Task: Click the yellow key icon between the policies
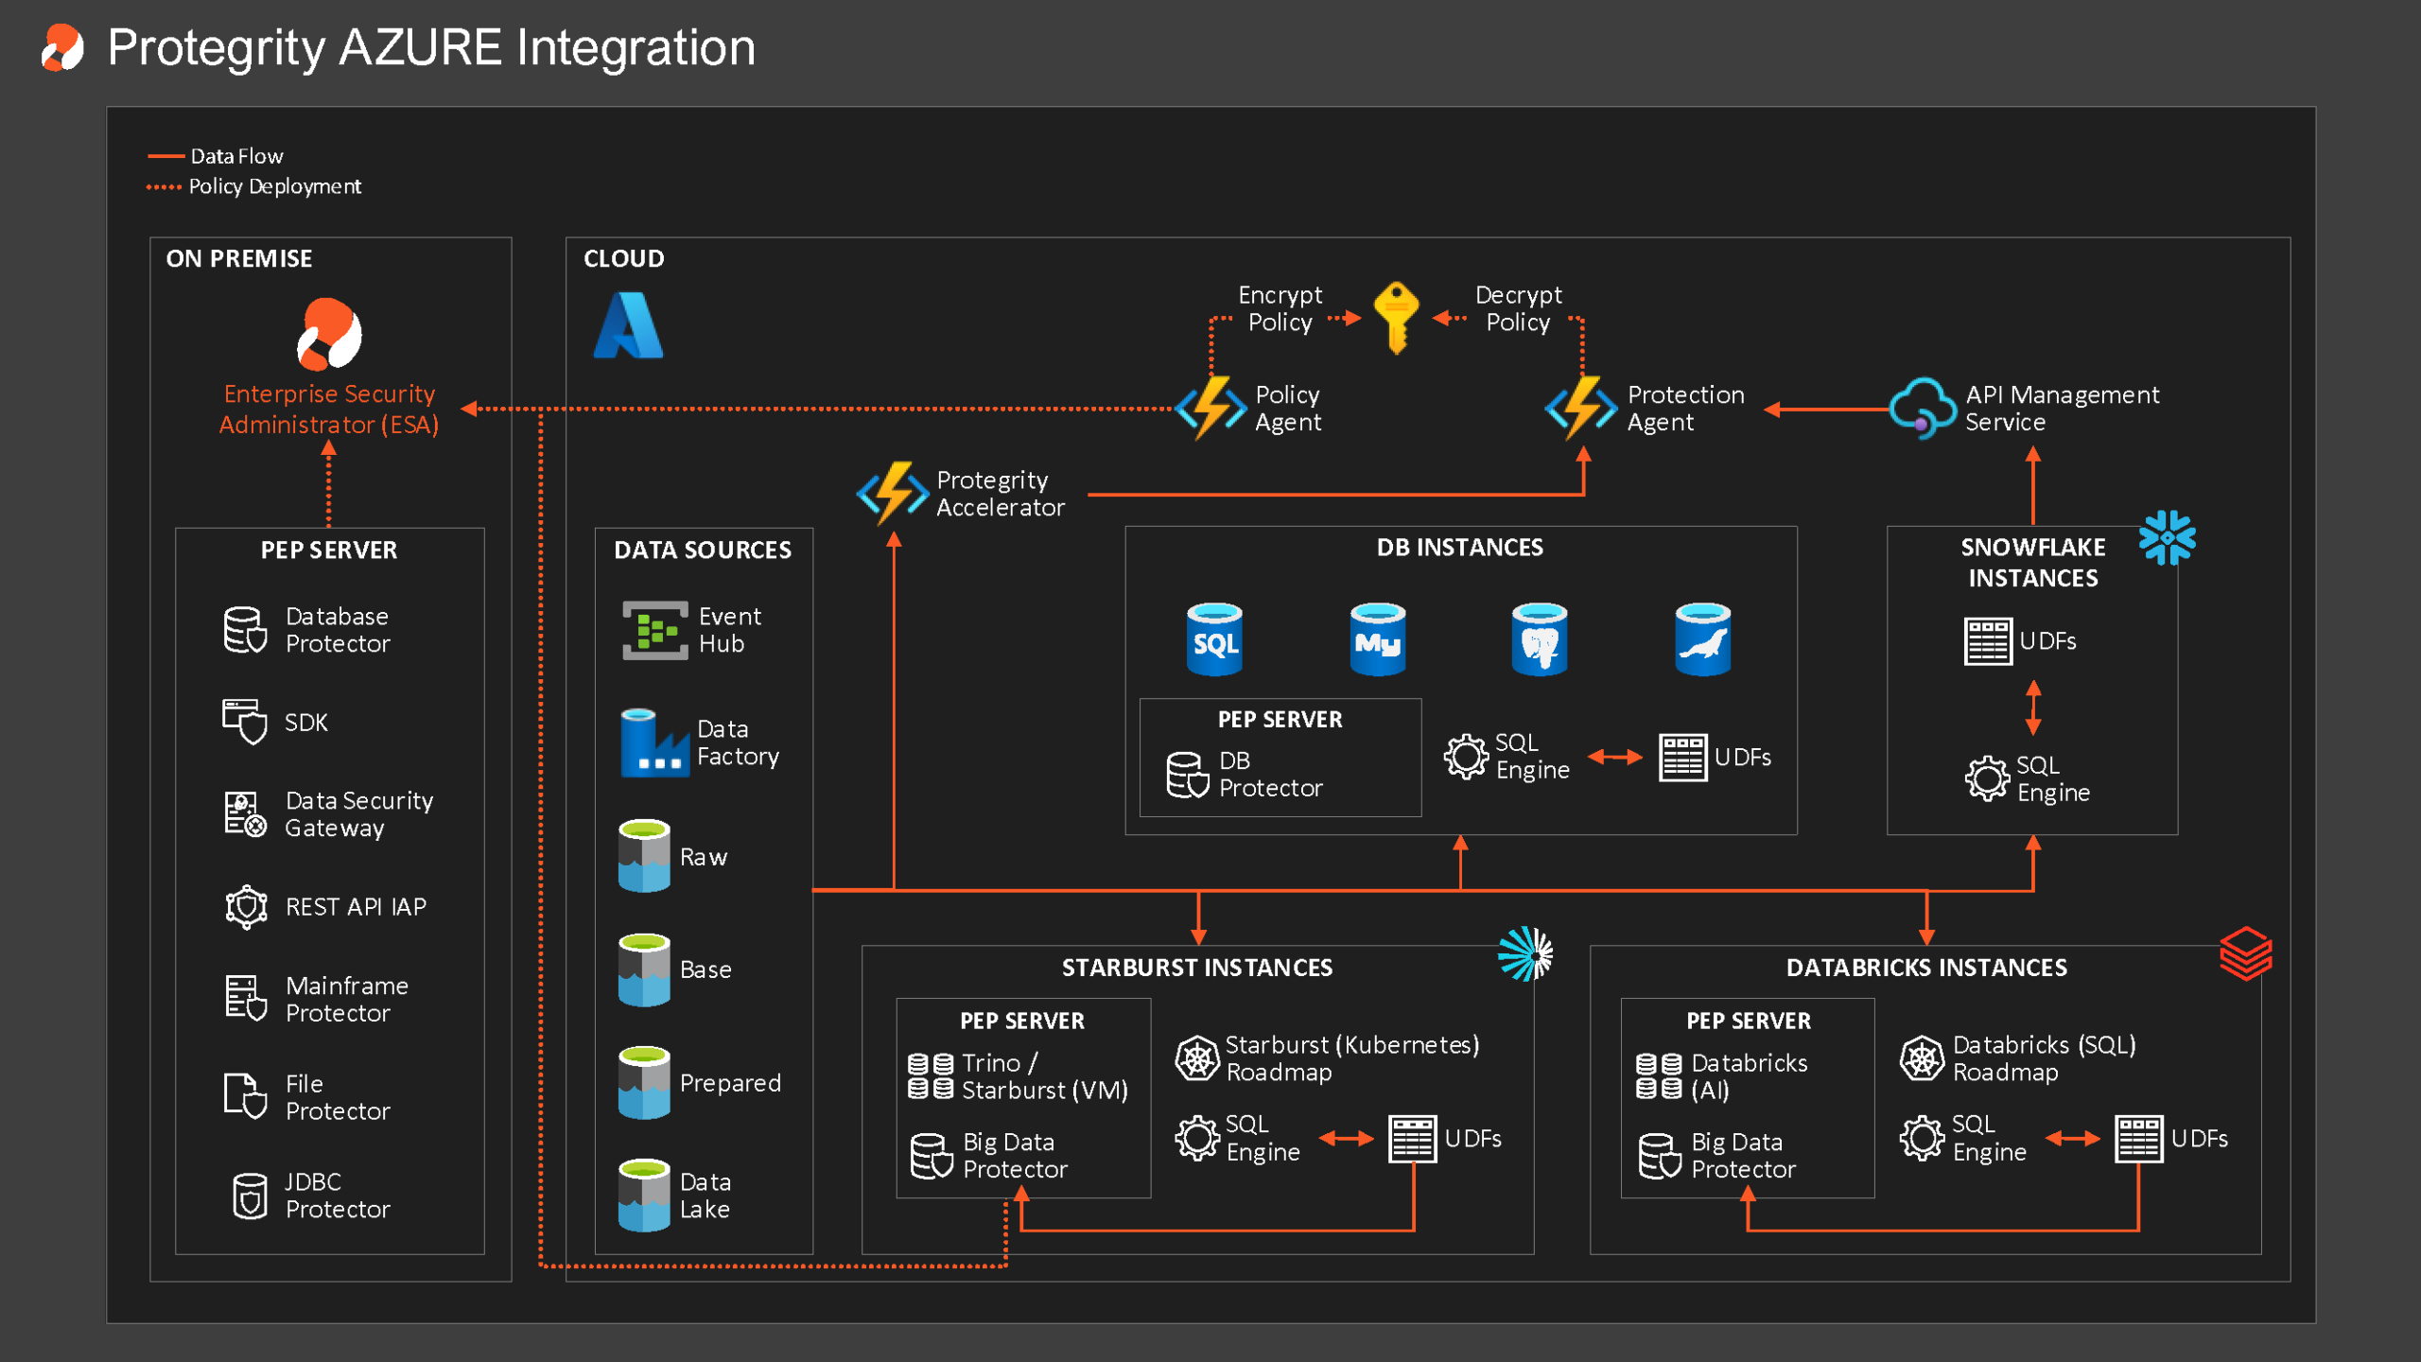[x=1396, y=318]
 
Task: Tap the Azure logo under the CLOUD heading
[x=629, y=324]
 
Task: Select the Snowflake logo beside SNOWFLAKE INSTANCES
[x=2167, y=537]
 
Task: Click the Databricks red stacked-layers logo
[x=2246, y=953]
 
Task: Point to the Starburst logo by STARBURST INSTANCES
[x=1524, y=953]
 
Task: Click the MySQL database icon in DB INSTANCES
[x=1377, y=639]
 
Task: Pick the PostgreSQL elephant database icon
[x=1540, y=639]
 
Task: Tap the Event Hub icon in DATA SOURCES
[x=655, y=630]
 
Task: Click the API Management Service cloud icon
[x=1922, y=409]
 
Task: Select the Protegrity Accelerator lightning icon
[x=892, y=493]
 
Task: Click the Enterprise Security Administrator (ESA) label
[x=329, y=409]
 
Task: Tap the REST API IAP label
[x=356, y=906]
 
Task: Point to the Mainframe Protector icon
[x=246, y=998]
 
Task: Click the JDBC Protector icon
[x=250, y=1196]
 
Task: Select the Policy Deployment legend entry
[x=253, y=186]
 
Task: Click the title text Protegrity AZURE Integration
[x=431, y=47]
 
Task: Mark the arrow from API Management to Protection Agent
[x=1826, y=409]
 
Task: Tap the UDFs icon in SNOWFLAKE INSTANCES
[x=1987, y=641]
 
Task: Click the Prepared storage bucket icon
[x=644, y=1082]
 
